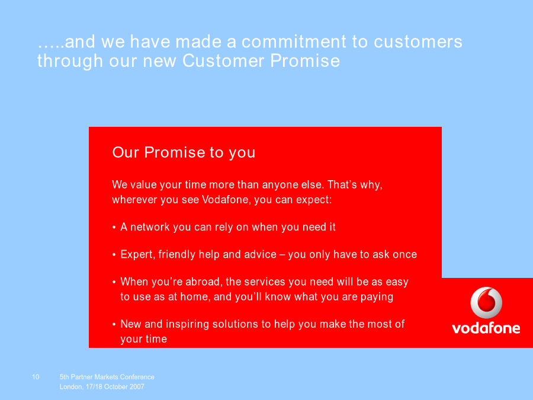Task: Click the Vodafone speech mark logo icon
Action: tap(486, 302)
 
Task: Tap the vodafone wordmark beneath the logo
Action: tap(486, 328)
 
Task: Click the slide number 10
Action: tap(36, 377)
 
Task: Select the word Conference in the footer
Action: tap(137, 377)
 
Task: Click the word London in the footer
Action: tap(71, 387)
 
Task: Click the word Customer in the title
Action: tap(223, 61)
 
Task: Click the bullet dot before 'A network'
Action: tap(114, 227)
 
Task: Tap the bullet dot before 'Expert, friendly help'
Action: tap(114, 255)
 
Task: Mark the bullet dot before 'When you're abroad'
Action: tap(114, 282)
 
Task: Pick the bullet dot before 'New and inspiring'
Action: tap(114, 324)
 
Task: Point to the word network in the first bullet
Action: tap(150, 227)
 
